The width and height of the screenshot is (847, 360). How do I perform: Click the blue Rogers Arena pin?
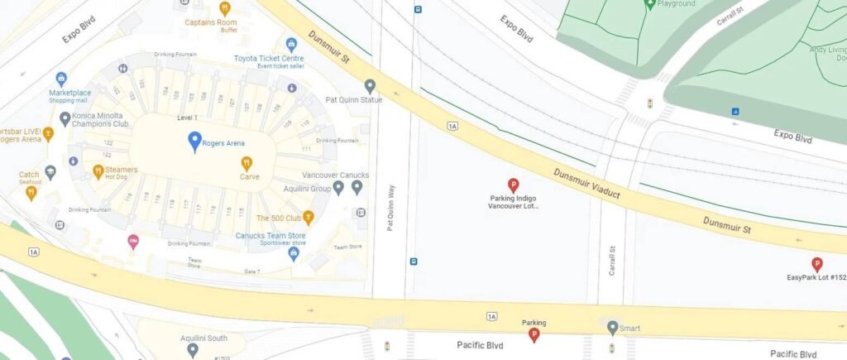click(x=194, y=141)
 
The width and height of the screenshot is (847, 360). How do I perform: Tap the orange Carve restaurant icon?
click(x=246, y=163)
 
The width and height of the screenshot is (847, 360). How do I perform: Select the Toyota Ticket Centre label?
click(x=269, y=59)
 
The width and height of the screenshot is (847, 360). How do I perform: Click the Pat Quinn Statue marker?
click(x=371, y=85)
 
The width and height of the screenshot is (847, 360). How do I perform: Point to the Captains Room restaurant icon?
click(x=224, y=8)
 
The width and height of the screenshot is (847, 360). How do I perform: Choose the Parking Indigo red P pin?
click(x=513, y=185)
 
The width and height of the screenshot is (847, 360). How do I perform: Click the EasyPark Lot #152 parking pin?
click(x=817, y=264)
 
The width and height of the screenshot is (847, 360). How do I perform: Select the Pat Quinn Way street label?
click(x=391, y=207)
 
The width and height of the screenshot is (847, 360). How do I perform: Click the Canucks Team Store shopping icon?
click(x=293, y=253)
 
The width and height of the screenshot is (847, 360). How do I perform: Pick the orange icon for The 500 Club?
click(x=309, y=218)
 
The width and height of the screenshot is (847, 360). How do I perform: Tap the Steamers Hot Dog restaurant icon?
click(x=98, y=171)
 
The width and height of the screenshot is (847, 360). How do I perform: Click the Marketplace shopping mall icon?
click(x=62, y=79)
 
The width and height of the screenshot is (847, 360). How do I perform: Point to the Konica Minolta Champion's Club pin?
click(x=65, y=118)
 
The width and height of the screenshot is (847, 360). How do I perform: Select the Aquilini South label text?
click(x=204, y=338)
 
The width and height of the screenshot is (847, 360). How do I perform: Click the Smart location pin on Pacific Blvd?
click(x=612, y=328)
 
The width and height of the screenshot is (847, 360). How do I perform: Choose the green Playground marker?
click(x=650, y=4)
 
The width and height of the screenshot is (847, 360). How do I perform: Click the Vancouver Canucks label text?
click(x=335, y=175)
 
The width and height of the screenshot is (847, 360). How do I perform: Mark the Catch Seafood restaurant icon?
click(x=31, y=192)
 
